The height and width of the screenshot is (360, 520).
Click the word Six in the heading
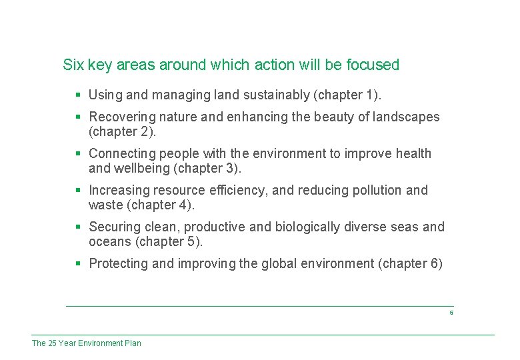click(73, 65)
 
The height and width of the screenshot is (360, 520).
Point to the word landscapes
click(406, 117)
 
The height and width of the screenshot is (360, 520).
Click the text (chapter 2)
click(122, 131)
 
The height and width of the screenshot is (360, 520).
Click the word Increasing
click(119, 190)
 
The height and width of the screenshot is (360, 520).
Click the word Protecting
click(119, 263)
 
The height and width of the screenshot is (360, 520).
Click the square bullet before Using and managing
click(78, 95)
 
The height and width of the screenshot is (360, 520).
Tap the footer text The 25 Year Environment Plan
click(87, 343)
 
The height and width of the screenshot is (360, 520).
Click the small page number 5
click(451, 313)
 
